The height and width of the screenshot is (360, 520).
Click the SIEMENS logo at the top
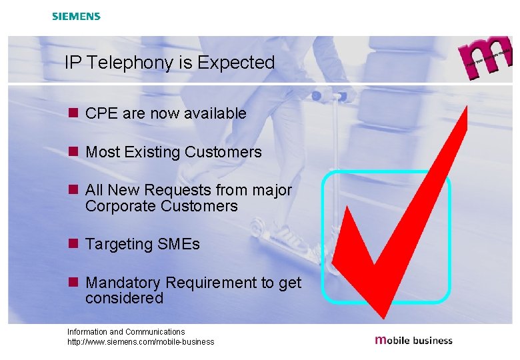(x=77, y=16)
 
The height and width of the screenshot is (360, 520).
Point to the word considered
(x=124, y=298)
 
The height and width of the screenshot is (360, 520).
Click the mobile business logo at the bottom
(x=414, y=340)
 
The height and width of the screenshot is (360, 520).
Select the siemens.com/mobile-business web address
(x=141, y=342)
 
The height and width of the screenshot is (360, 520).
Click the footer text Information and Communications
(x=126, y=331)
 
